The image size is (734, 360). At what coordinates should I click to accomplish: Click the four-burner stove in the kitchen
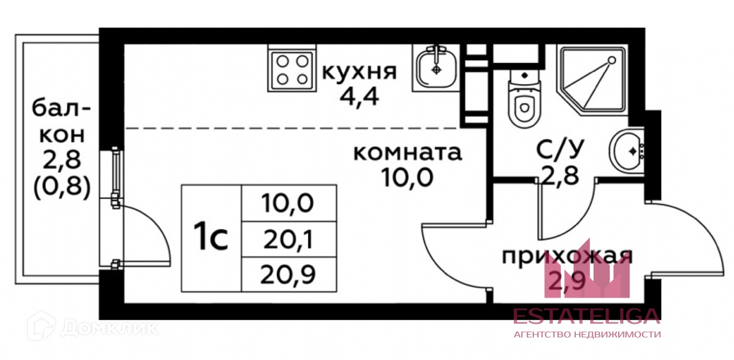pos(291,69)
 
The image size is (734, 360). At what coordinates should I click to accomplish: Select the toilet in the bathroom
pos(524,99)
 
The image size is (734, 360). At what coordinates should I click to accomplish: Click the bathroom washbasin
pos(627,151)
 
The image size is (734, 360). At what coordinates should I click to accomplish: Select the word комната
pos(407,152)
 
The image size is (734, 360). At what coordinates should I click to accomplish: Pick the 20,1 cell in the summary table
pos(289,240)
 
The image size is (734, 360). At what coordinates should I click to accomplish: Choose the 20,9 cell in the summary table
pos(289,275)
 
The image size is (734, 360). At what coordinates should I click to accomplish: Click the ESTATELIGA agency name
pos(586,316)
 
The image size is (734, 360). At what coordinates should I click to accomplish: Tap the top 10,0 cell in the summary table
pos(289,203)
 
